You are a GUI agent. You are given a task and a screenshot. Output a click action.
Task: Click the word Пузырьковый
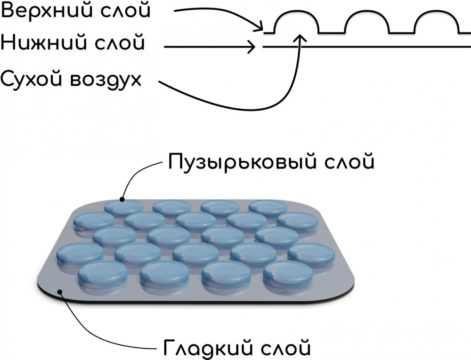[240, 162]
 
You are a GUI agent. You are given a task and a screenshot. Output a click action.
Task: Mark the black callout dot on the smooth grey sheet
[60, 292]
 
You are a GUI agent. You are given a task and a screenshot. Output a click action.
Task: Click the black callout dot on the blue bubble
[122, 199]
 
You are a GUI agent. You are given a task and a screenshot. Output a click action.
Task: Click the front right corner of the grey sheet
[346, 292]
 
